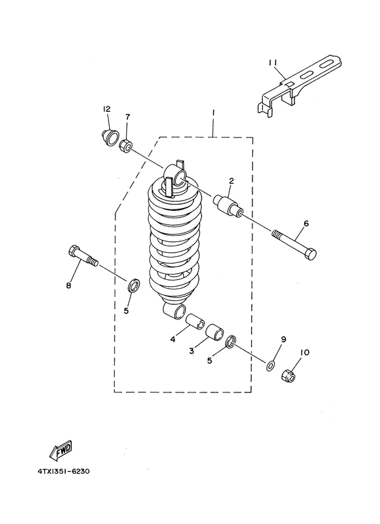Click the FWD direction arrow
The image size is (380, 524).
(61, 449)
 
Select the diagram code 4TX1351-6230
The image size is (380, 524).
(64, 472)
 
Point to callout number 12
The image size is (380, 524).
(107, 109)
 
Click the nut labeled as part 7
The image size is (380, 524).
(126, 146)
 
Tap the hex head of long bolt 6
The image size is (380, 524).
(309, 254)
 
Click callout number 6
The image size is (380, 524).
(307, 223)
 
